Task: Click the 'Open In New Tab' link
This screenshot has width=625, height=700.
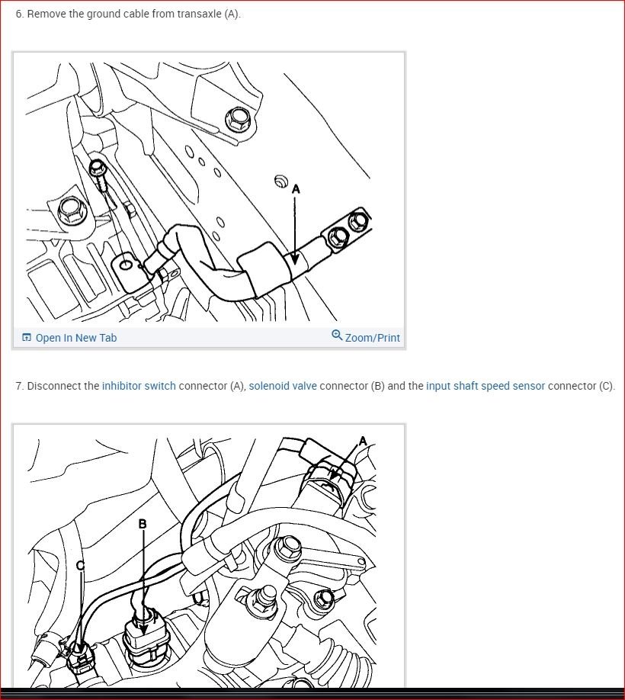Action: point(75,338)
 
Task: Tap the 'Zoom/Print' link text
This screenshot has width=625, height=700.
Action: point(372,338)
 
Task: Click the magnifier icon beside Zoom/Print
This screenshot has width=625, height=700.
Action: point(337,336)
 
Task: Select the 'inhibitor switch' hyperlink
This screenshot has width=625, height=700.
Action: point(139,386)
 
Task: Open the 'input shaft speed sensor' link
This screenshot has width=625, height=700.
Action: point(486,386)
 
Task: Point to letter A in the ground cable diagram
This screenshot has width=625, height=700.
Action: point(296,188)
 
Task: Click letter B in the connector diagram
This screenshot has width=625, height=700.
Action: point(143,524)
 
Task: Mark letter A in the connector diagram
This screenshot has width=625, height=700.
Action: point(363,441)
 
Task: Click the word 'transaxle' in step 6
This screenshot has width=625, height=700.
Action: point(199,14)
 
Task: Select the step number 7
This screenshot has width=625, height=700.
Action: point(18,386)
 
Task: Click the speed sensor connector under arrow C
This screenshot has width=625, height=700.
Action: point(81,654)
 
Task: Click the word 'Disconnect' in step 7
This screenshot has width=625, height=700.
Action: point(52,386)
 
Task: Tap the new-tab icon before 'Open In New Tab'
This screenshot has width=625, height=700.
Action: point(27,338)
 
